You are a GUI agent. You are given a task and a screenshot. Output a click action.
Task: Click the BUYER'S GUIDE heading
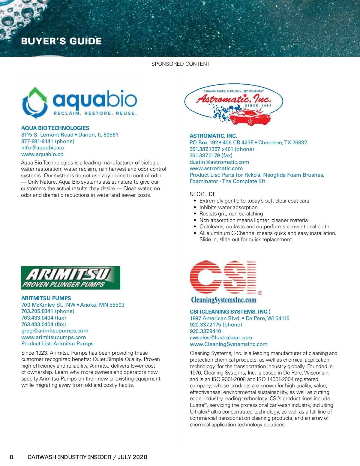click(x=61, y=41)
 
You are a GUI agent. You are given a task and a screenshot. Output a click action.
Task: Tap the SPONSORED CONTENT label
click(x=180, y=64)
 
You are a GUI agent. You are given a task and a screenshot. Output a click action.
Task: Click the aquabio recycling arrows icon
click(x=35, y=103)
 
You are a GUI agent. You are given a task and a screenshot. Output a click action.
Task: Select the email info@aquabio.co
click(x=43, y=148)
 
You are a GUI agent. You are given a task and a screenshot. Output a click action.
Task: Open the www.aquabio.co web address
click(x=42, y=154)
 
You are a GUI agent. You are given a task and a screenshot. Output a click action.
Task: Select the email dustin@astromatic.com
click(x=219, y=162)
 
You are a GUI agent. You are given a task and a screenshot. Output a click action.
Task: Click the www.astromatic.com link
click(x=216, y=168)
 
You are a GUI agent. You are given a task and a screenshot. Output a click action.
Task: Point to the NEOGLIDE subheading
click(x=203, y=194)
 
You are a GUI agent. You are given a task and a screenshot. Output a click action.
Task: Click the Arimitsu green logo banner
click(x=70, y=278)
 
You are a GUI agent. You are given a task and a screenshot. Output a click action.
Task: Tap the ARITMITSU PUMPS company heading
click(x=46, y=298)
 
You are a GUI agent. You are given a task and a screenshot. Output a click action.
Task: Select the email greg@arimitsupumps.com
click(x=55, y=331)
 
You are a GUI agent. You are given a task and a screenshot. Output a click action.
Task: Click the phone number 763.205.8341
click(x=37, y=311)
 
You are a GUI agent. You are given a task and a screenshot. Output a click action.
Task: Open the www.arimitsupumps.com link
click(x=54, y=337)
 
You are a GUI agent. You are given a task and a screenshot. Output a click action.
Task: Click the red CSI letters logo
click(x=223, y=278)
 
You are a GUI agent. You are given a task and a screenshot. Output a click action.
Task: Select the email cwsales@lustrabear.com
click(x=221, y=338)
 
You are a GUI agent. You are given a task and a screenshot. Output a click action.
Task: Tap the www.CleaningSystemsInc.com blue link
click(x=229, y=344)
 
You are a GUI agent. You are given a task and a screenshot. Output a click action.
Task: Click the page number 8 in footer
click(x=11, y=457)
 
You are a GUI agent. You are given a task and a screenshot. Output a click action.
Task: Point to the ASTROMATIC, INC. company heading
click(x=213, y=136)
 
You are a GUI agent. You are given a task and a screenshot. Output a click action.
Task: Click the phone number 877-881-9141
click(x=37, y=141)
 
